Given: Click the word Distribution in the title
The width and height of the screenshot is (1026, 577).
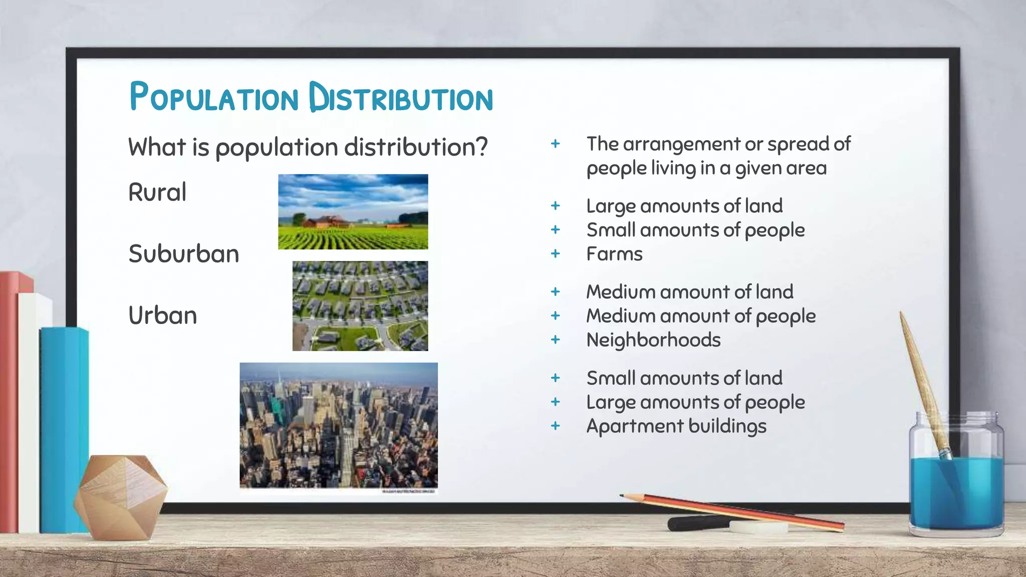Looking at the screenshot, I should (x=401, y=97).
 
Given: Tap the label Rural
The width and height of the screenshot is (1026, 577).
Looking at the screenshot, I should (x=157, y=192).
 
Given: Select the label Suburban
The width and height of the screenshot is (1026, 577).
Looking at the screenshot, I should (x=184, y=254).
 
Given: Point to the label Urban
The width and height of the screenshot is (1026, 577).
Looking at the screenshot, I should (x=163, y=316).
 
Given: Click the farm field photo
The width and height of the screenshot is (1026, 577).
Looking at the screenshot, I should (x=353, y=212).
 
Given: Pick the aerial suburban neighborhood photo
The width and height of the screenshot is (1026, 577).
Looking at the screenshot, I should (x=360, y=306).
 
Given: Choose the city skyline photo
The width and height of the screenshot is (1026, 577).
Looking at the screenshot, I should (x=339, y=425).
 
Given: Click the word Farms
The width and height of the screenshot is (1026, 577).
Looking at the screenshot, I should (x=614, y=254).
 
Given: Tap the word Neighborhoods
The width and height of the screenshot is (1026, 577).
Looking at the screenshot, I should (x=653, y=340).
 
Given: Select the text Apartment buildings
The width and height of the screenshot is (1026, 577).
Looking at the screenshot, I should (x=676, y=426).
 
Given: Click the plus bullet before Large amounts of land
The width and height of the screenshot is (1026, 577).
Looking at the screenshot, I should (x=555, y=206).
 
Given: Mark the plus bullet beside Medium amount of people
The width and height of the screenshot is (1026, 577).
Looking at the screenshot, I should (x=555, y=316).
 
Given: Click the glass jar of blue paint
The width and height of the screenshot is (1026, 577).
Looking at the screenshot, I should (x=956, y=476).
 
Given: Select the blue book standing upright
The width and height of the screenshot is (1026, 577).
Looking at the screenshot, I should (x=64, y=431).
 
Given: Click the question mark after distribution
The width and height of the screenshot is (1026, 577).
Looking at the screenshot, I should (x=481, y=147).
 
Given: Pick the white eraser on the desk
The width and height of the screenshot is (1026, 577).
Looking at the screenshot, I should (x=757, y=526).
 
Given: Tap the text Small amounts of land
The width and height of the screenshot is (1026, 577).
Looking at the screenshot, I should (x=684, y=378).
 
